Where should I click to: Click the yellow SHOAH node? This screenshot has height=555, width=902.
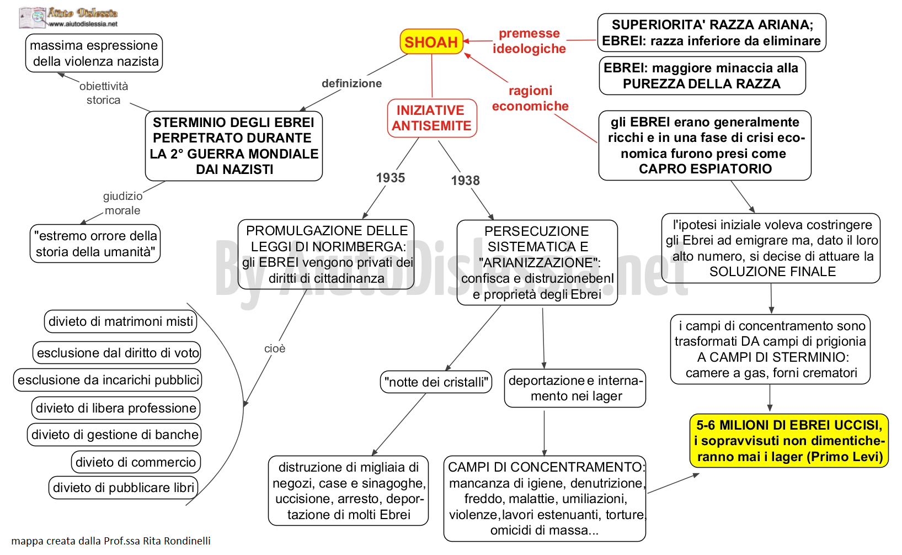coord(431,41)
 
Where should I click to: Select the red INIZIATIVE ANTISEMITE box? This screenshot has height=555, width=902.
coord(432,118)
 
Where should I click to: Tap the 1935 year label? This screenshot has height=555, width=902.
coord(390,178)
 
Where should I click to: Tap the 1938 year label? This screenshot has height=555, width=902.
coord(465,180)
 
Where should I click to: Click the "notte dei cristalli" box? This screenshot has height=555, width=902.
coord(436,382)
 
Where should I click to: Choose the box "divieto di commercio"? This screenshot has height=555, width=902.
coord(136,462)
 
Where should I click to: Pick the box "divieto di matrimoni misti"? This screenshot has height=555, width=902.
coord(120,321)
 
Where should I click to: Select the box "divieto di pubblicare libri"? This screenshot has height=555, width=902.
coord(124,488)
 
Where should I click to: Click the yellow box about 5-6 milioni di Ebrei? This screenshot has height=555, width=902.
coord(789,441)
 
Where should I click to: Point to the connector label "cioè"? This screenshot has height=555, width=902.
coord(275,348)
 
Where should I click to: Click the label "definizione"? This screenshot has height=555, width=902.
coord(351,83)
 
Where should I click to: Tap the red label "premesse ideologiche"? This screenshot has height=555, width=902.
coord(529,41)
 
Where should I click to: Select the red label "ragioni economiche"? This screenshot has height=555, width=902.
coord(530,98)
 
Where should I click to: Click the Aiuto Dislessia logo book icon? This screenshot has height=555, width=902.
coord(32,18)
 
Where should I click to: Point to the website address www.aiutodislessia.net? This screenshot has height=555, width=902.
coord(83,24)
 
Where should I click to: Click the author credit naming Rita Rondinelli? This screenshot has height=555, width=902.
coord(111,541)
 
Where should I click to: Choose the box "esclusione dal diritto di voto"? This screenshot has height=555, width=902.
coord(117,353)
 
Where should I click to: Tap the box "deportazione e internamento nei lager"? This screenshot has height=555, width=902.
coord(575,388)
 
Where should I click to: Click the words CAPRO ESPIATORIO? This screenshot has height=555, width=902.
coord(705,169)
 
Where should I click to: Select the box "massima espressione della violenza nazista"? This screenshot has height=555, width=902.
coord(94,53)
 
